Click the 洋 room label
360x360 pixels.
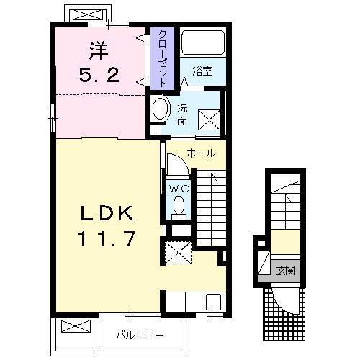99,50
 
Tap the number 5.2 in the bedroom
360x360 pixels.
99,74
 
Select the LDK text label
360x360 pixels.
107,212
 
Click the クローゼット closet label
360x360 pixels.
163,58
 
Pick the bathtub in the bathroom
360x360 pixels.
203,42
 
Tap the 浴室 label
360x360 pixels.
202,71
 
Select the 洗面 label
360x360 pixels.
182,114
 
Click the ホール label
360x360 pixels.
201,153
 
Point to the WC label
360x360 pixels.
179,189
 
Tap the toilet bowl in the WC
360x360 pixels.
179,205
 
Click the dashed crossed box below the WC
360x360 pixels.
178,253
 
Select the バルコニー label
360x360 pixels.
140,335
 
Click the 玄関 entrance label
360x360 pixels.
286,271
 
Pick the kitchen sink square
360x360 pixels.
213,302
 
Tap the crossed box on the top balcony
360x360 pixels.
89,14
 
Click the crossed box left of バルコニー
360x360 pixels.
76,326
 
